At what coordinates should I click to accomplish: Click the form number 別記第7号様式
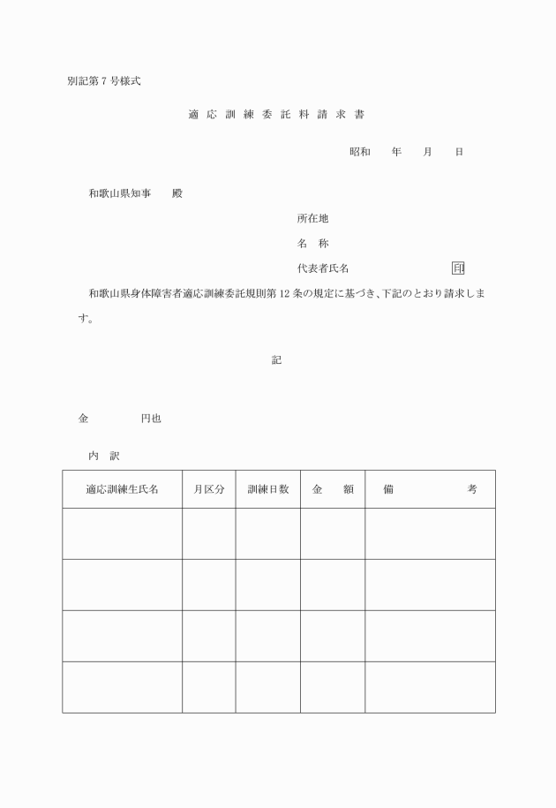[x=103, y=81]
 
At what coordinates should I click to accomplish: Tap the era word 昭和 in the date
[x=359, y=152]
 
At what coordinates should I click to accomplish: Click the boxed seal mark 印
[x=458, y=268]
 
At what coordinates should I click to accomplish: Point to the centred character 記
[x=277, y=360]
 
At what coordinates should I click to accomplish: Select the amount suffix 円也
[x=150, y=419]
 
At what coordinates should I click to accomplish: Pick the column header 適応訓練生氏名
[x=122, y=489]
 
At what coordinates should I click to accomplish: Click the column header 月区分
[x=208, y=489]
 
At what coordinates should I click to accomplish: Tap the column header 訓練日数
[x=267, y=489]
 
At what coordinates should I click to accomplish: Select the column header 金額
[x=333, y=489]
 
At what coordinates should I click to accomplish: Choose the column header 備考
[x=430, y=489]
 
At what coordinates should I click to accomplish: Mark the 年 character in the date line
[x=397, y=152]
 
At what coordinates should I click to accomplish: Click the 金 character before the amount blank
[x=84, y=419]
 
